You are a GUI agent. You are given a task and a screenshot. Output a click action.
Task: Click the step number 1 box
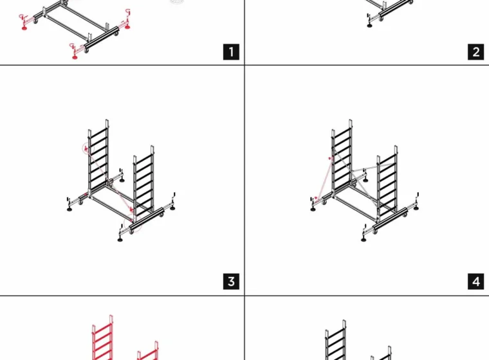click(231, 51)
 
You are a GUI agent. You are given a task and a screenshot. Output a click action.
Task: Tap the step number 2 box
click(476, 51)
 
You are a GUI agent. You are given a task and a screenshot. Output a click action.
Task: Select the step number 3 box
click(231, 282)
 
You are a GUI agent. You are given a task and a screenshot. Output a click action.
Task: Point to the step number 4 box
click(476, 282)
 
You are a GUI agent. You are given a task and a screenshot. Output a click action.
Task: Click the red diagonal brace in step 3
click(109, 180)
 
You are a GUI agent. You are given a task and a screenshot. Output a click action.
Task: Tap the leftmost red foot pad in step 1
click(24, 28)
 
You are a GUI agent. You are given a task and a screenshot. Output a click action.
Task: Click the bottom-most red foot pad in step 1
click(75, 57)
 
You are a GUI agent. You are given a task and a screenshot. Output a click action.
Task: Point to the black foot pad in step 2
click(369, 26)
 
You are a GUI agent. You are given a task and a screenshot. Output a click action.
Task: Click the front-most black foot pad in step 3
click(120, 239)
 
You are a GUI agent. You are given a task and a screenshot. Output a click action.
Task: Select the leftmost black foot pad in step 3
click(69, 209)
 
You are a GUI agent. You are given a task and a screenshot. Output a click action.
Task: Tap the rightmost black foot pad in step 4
click(416, 208)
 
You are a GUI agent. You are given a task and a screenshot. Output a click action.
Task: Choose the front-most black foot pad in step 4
click(364, 240)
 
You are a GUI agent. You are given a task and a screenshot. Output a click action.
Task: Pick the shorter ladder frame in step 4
click(387, 183)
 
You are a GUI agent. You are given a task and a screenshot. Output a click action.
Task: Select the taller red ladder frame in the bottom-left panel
click(102, 338)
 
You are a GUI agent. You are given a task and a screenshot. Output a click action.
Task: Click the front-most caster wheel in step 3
click(132, 231)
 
